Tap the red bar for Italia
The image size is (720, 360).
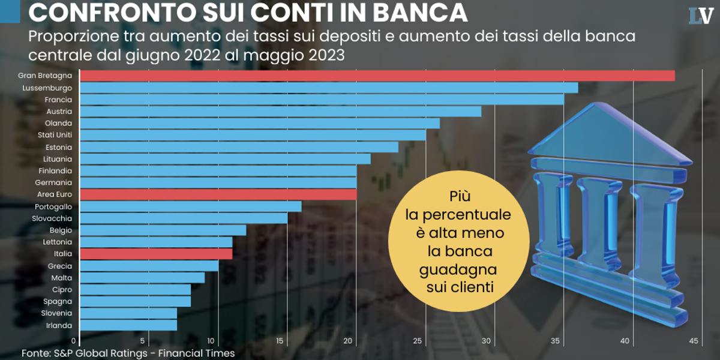156,254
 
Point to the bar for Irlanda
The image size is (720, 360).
128,325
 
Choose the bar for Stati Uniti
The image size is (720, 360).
253,135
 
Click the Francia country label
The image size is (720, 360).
58,100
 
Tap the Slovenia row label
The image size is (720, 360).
56,313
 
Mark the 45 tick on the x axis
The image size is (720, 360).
693,341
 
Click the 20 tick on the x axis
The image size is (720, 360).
349,341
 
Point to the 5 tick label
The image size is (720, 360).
142,341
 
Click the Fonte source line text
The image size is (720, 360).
128,353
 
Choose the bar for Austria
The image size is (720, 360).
280,112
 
